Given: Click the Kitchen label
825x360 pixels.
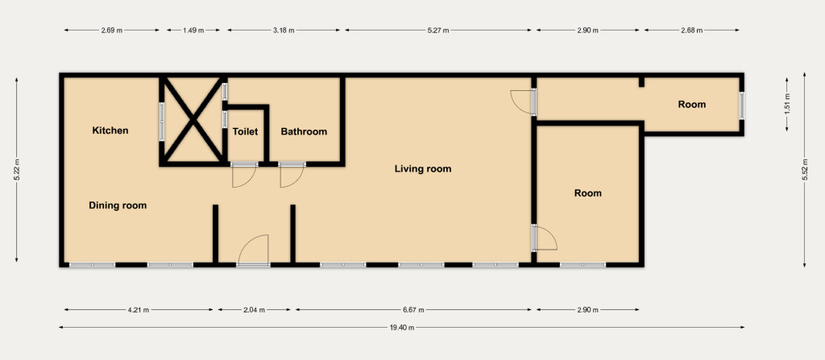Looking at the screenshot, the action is pos(110,130).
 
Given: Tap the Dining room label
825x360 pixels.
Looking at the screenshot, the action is pos(118,205).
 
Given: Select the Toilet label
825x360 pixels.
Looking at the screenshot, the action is pos(245,131).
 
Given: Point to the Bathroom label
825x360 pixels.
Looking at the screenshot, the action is pos(304,131).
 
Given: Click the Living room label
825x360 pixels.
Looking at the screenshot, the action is pos(423,169).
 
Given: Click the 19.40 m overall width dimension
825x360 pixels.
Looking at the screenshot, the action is pos(401,327).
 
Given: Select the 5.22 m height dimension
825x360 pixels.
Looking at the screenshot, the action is pos(17,169).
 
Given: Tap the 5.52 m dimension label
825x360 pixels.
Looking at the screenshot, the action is pos(805,169).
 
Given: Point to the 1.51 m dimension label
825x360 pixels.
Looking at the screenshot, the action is pos(786,104).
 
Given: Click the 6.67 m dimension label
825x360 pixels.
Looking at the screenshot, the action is pos(414,310).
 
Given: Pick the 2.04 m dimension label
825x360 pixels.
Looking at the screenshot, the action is pos(254,310).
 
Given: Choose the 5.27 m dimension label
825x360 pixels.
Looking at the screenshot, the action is pos(438,31).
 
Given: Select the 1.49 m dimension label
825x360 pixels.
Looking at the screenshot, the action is pos(193,31).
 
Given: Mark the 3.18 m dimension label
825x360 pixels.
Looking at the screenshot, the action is pos(284,31).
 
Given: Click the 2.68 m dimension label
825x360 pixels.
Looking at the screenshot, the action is pos(692,31).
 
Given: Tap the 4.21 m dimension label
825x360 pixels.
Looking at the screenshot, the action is pos(139,310).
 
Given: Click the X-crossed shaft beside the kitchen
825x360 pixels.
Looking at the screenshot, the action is pos(193,121).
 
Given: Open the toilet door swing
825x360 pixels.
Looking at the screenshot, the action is pos(243,177).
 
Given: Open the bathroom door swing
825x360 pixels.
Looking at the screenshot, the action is pos(292,177).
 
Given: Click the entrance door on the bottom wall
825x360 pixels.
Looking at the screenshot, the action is pos(253,250).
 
